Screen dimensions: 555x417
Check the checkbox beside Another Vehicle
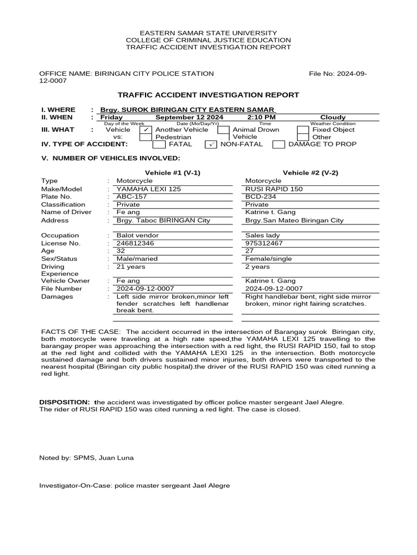(146, 130)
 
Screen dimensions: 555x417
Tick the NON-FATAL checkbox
(211, 144)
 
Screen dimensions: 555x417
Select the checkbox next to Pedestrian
(146, 138)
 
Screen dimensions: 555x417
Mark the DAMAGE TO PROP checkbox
(279, 144)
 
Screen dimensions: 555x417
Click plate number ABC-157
(132, 197)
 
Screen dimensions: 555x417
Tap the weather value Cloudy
(333, 117)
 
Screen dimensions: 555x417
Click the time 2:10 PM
(261, 117)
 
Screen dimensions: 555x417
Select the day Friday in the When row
(112, 117)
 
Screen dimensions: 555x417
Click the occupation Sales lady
(263, 236)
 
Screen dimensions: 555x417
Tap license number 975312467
(264, 243)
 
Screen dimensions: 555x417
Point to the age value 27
(250, 251)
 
